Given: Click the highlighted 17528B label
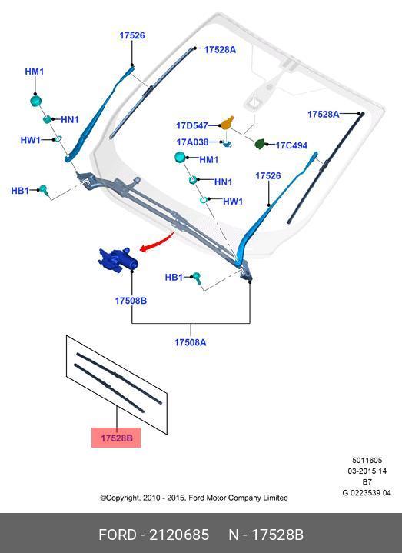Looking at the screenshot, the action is (x=116, y=438).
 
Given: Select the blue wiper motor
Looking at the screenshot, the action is (x=118, y=260).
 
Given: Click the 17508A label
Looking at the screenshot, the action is (x=191, y=342).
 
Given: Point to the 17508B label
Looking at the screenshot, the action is (x=131, y=301).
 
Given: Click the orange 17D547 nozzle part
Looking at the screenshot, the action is (x=228, y=123).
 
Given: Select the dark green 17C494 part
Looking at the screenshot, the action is (x=260, y=144).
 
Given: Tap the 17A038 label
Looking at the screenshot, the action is (x=192, y=142).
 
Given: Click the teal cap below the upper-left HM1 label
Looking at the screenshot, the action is (x=36, y=101).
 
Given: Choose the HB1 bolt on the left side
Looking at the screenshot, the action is (x=44, y=190).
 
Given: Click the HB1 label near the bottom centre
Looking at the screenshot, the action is (x=174, y=278).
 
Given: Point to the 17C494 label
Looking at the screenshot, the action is (x=291, y=145).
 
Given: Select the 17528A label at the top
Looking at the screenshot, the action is (x=220, y=50).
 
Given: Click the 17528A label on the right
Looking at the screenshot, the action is (x=323, y=115).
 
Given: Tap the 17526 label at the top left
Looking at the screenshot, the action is (x=132, y=35).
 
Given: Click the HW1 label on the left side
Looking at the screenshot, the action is (x=30, y=140).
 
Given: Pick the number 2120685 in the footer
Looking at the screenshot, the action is (x=179, y=535).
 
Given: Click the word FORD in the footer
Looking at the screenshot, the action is (x=118, y=535).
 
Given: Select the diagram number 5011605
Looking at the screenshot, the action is (x=367, y=460).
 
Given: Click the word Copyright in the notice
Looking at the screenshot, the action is (x=120, y=498).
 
